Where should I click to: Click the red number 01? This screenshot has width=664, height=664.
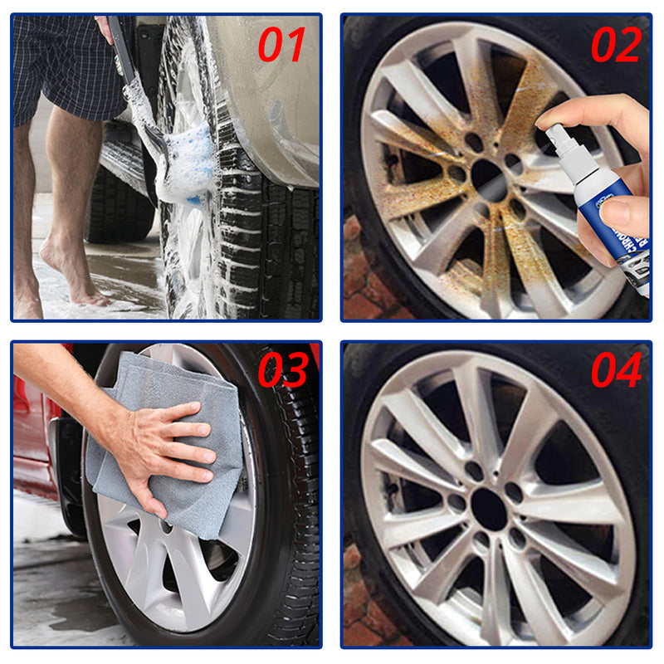pyautogui.click(x=281, y=45)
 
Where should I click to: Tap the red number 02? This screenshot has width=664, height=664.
pyautogui.click(x=615, y=45)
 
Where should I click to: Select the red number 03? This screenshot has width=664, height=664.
pyautogui.click(x=282, y=370)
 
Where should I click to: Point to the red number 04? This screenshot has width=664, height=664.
pyautogui.click(x=615, y=370)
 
